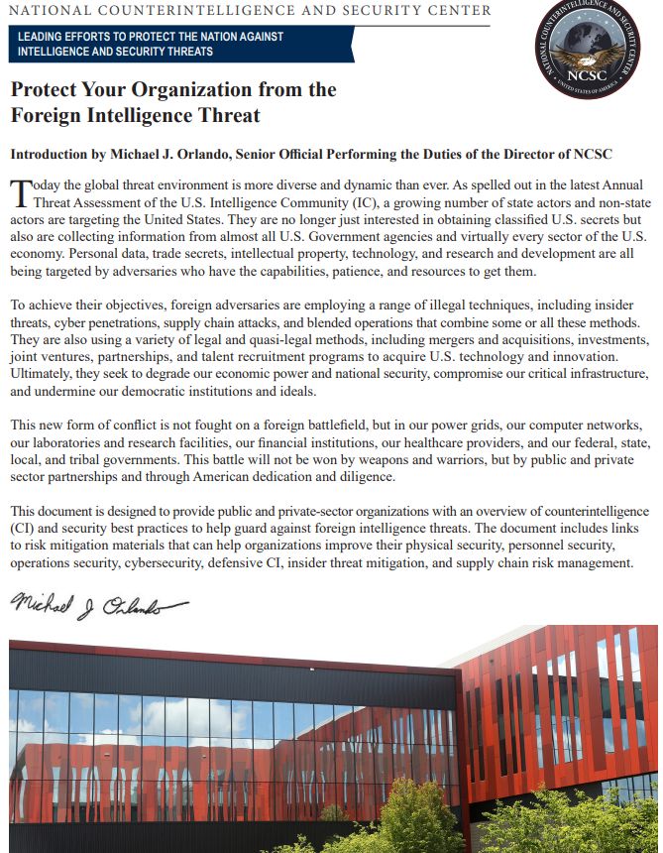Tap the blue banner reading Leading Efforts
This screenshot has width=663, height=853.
pyautogui.click(x=183, y=44)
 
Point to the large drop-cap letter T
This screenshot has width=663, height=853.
pyautogui.click(x=21, y=192)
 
